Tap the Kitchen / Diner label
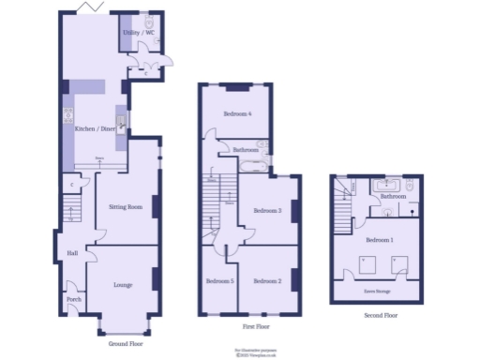[95, 128]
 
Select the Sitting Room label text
[126, 206]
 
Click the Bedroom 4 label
[237, 114]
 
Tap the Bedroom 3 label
[267, 210]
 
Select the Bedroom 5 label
[219, 281]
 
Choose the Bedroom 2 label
[267, 281]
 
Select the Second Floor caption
[381, 316]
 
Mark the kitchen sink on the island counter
[121, 123]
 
